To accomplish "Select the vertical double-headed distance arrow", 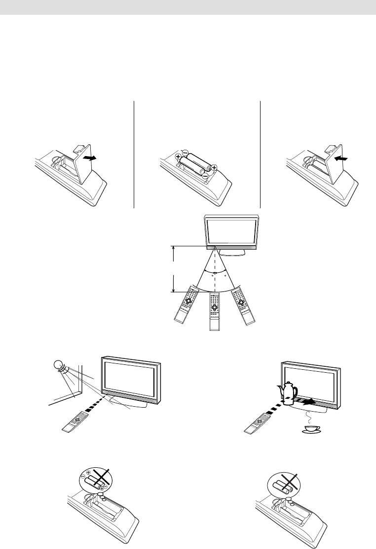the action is click(173, 269).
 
